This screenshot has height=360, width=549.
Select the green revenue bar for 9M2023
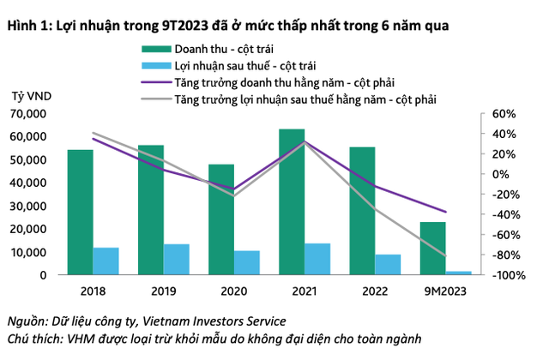pos(432,249)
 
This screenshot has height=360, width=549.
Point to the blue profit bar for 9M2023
pos(458,273)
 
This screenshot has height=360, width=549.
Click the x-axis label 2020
pos(233,291)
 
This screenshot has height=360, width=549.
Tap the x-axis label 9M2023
pos(444,291)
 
